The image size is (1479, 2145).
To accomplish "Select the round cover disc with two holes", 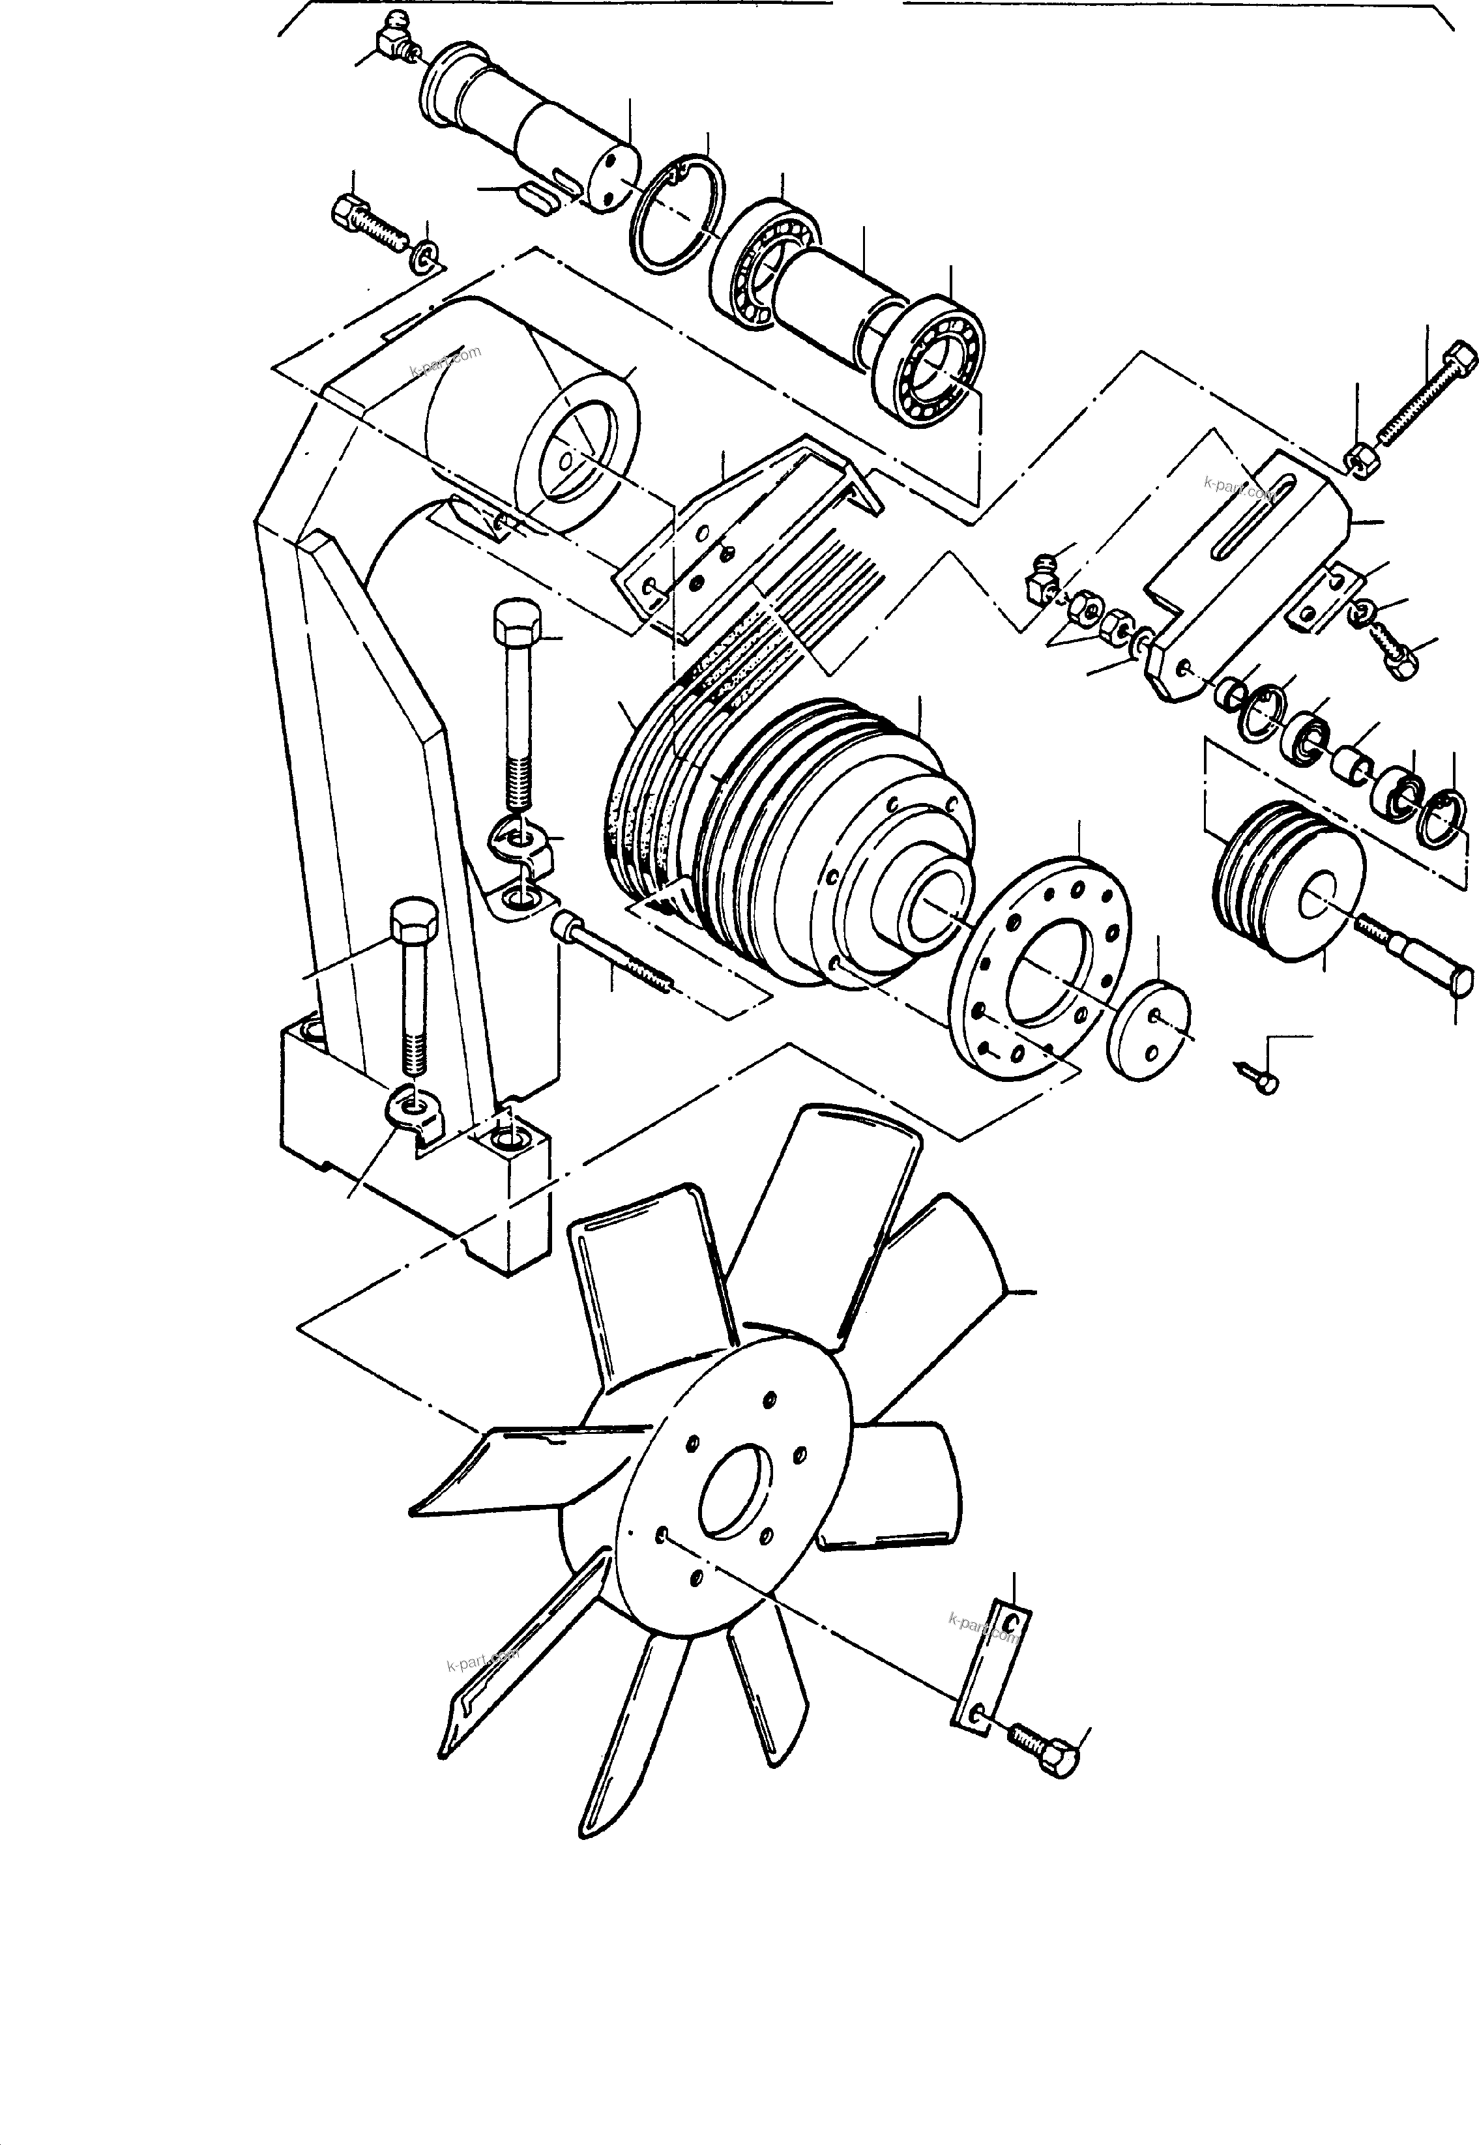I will tap(1149, 1029).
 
